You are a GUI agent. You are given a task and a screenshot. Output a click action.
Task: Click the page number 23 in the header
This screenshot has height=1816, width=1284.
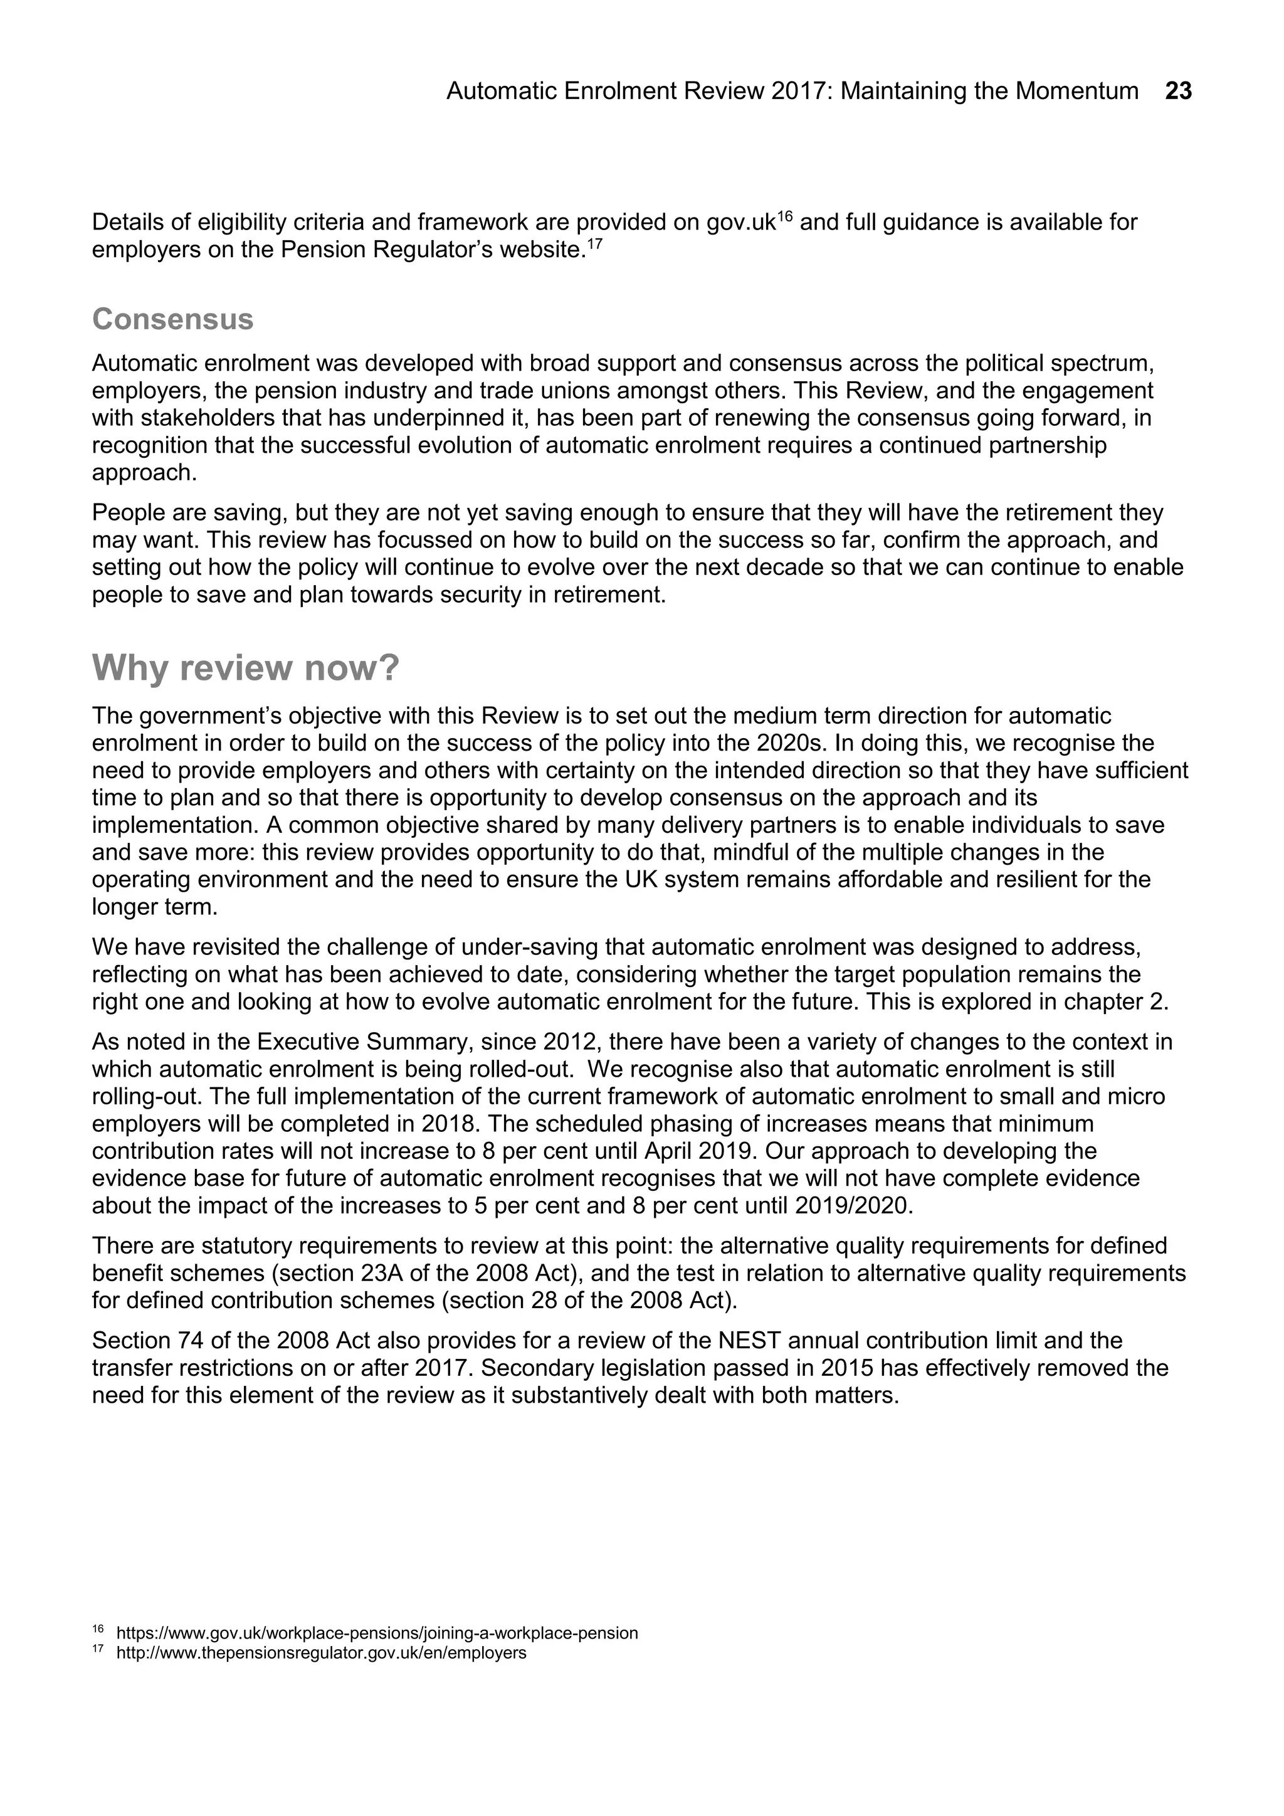coord(1178,92)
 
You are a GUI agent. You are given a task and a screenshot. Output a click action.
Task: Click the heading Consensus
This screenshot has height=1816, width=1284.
coord(172,320)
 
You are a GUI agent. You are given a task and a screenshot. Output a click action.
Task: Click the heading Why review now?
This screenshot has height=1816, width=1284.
coord(246,668)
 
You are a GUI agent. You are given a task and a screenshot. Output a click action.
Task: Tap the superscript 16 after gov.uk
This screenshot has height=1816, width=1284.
coord(784,216)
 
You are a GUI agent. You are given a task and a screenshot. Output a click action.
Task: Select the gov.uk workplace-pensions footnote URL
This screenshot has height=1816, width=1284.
coord(377,1634)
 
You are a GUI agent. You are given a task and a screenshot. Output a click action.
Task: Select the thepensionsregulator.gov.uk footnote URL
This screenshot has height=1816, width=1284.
coord(321,1653)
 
